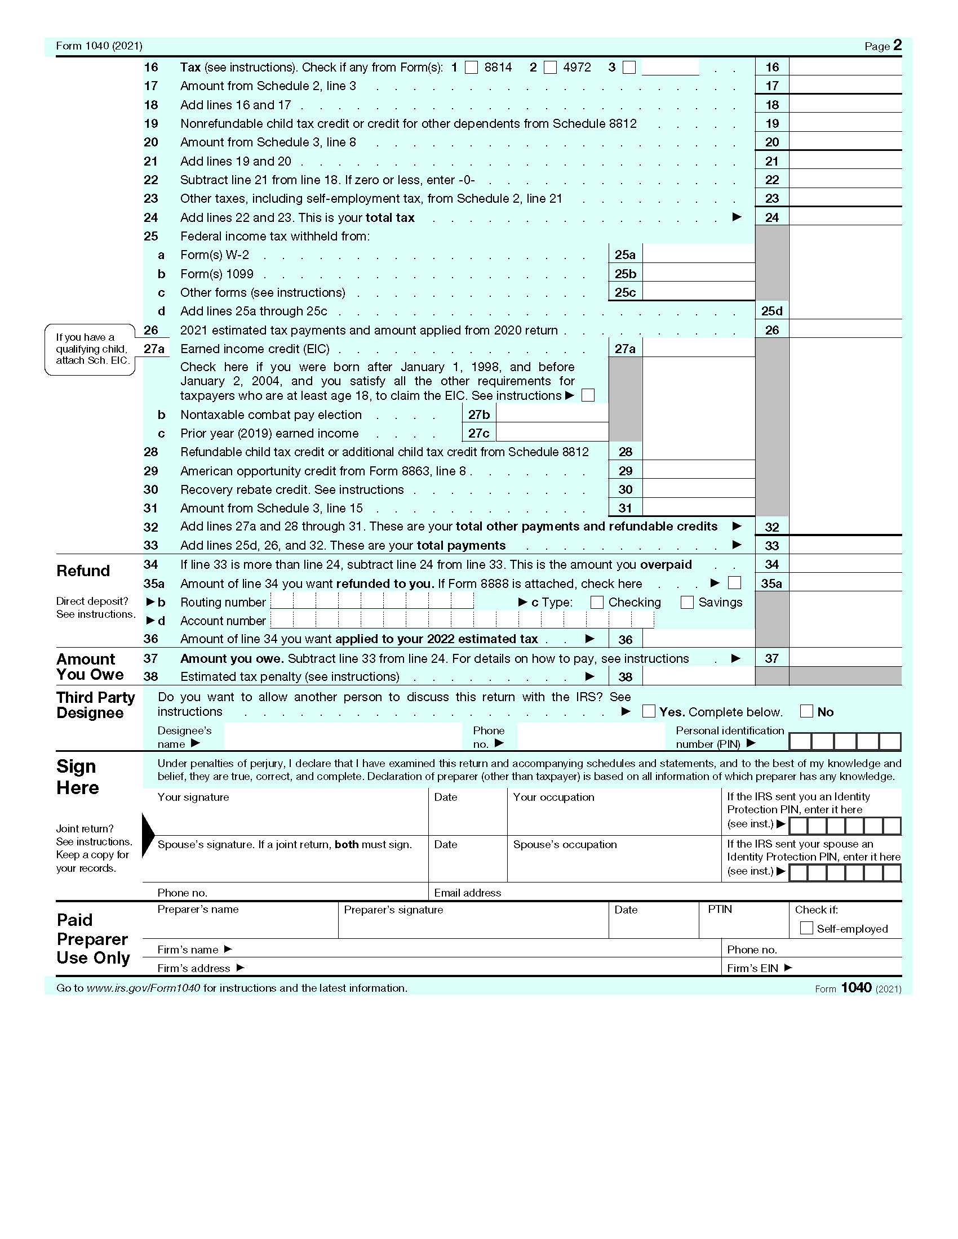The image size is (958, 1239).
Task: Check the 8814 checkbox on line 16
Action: [471, 68]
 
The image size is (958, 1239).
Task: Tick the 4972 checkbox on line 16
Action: [550, 68]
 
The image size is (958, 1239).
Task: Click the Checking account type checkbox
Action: [596, 603]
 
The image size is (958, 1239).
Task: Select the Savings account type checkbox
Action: [687, 603]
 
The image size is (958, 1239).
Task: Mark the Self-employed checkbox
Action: [806, 928]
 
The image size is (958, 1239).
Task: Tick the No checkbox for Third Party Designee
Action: [806, 711]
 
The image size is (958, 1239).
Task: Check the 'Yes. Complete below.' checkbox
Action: [649, 711]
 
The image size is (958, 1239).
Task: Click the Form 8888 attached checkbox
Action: [734, 583]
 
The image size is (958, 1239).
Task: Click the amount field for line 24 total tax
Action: [845, 217]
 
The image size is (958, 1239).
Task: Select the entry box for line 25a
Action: [699, 255]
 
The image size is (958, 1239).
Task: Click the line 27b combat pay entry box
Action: [552, 415]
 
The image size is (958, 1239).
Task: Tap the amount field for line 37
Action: [845, 658]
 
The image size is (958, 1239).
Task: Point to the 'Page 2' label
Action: [882, 46]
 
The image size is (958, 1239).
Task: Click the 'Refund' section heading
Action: [83, 571]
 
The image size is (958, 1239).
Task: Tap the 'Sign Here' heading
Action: [78, 777]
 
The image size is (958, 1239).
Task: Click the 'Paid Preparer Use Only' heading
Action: [93, 939]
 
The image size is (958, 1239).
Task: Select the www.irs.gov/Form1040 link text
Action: [143, 988]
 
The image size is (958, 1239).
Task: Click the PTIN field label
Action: [720, 910]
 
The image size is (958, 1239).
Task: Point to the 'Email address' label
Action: [468, 893]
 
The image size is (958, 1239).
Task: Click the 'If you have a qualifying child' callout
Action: [91, 349]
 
